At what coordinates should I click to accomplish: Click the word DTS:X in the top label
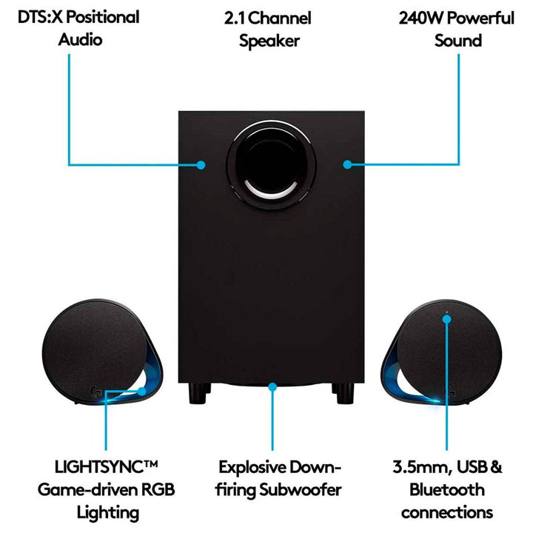coord(32,16)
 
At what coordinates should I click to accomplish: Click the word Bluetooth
coord(446,489)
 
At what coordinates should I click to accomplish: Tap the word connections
coord(446,512)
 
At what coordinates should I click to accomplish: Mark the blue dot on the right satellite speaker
coord(447,318)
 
